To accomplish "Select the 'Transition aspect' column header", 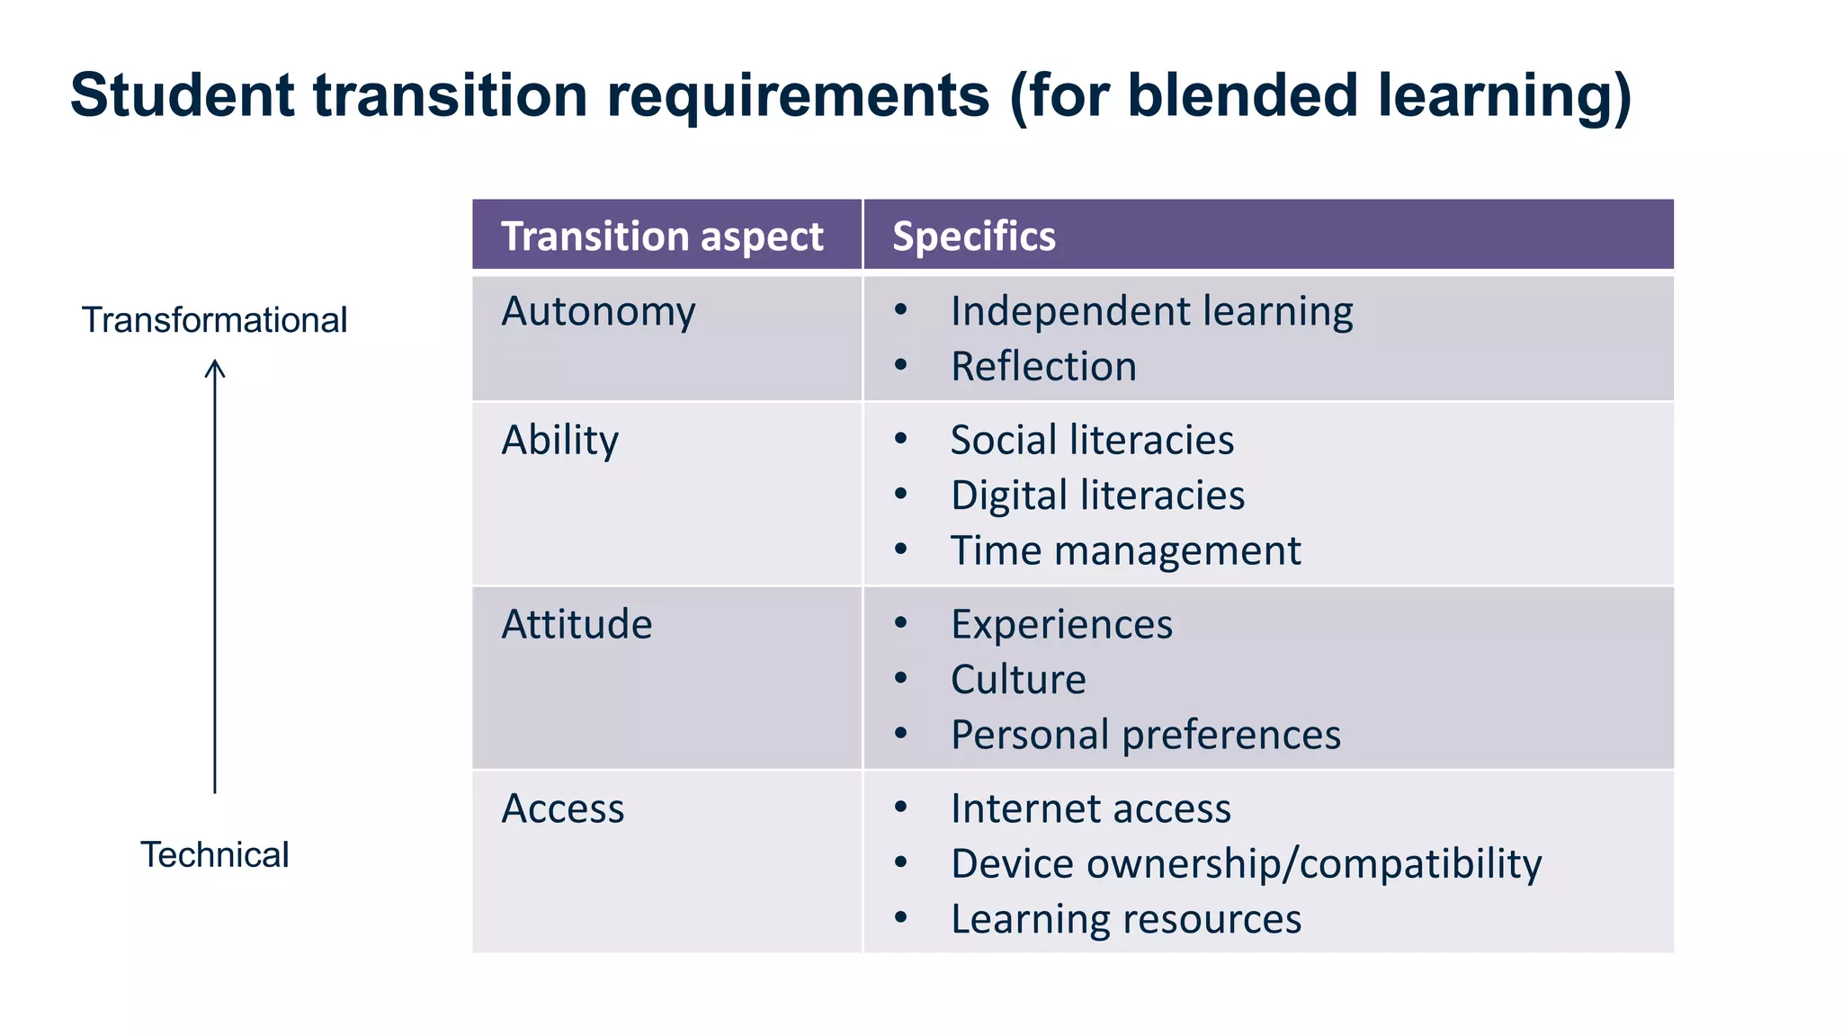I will coord(662,237).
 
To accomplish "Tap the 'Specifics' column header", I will coord(974,237).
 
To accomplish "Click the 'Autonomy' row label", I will coord(598,312).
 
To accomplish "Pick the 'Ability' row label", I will coord(559,441).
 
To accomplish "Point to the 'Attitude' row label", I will coord(577,624).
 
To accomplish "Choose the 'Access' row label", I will coord(562,808).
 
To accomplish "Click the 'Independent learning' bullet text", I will coord(1151,312).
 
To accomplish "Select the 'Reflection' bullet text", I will coord(1043,367).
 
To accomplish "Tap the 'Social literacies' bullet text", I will coord(1092,441).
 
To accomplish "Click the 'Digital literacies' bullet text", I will coord(1097,496).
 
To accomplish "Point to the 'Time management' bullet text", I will coord(1125,550).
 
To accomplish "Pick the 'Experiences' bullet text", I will coord(1061,624).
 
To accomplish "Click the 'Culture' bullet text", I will coord(1018,680).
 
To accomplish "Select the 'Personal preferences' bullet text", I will coord(1145,735).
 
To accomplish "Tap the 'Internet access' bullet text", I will coord(1090,808).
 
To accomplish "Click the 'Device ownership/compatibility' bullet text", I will coord(1246,864).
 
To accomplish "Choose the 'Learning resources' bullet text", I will coord(1125,919).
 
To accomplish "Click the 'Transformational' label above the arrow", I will coord(214,320).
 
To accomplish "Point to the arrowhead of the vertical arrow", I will coord(215,366).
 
